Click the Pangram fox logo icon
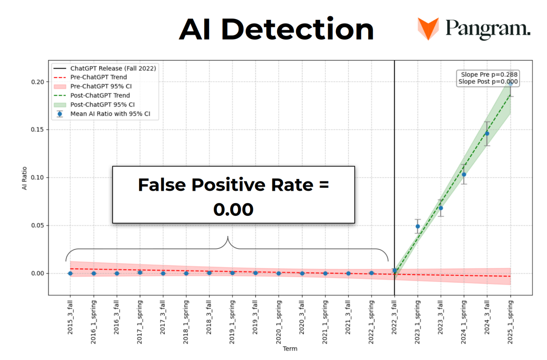coord(428,28)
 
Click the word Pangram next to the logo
coord(488,28)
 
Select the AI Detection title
coord(276,29)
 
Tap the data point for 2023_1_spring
coord(418,226)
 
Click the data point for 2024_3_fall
coord(487,134)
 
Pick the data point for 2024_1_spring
coord(464,174)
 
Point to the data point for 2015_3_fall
coord(71,273)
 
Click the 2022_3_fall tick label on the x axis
coord(394,317)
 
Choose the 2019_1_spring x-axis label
coord(232,322)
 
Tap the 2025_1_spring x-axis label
coord(510,322)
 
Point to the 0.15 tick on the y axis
coord(37,130)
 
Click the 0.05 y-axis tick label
coord(37,225)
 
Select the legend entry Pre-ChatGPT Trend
coord(98,77)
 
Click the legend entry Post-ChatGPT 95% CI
coord(102,105)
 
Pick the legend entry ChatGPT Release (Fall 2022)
coord(113,68)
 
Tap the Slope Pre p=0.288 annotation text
coord(489,74)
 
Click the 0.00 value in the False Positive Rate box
coord(233,209)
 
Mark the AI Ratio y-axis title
coord(24,178)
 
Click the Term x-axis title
coord(290,349)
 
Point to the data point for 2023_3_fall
coord(441,208)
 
